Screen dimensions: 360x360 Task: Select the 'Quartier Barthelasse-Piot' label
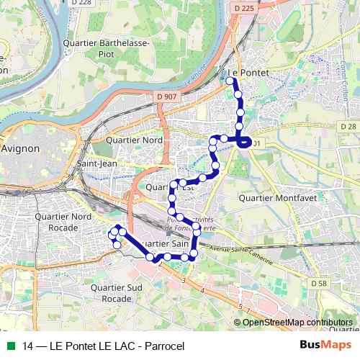click(x=98, y=48)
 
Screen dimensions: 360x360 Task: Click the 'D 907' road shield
click(x=166, y=96)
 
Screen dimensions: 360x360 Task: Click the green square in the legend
click(x=9, y=346)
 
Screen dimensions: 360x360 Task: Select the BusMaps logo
click(x=325, y=346)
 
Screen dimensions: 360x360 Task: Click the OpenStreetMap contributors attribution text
click(x=298, y=322)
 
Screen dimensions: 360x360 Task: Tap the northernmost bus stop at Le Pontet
click(x=230, y=81)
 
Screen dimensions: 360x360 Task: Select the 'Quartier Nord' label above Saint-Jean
click(x=134, y=140)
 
